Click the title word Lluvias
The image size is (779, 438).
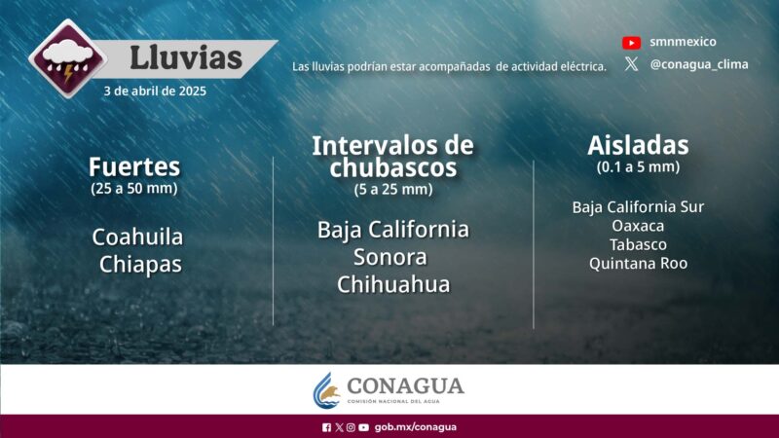[185, 57]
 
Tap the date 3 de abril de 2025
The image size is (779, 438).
[156, 91]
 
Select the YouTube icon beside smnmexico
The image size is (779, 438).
[631, 42]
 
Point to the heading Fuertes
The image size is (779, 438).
[134, 164]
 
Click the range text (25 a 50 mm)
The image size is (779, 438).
[134, 187]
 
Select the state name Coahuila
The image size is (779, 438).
[137, 237]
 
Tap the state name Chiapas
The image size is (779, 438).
[140, 264]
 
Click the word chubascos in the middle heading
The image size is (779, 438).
[392, 168]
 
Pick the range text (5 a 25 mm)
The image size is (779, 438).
[392, 189]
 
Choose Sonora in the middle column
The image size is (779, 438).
[392, 257]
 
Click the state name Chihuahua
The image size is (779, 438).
[393, 284]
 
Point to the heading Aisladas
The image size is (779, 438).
[638, 146]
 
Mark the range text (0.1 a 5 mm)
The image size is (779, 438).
[638, 167]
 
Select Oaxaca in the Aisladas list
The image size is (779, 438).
[638, 226]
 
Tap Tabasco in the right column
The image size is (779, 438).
[638, 244]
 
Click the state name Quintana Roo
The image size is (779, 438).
[638, 263]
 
